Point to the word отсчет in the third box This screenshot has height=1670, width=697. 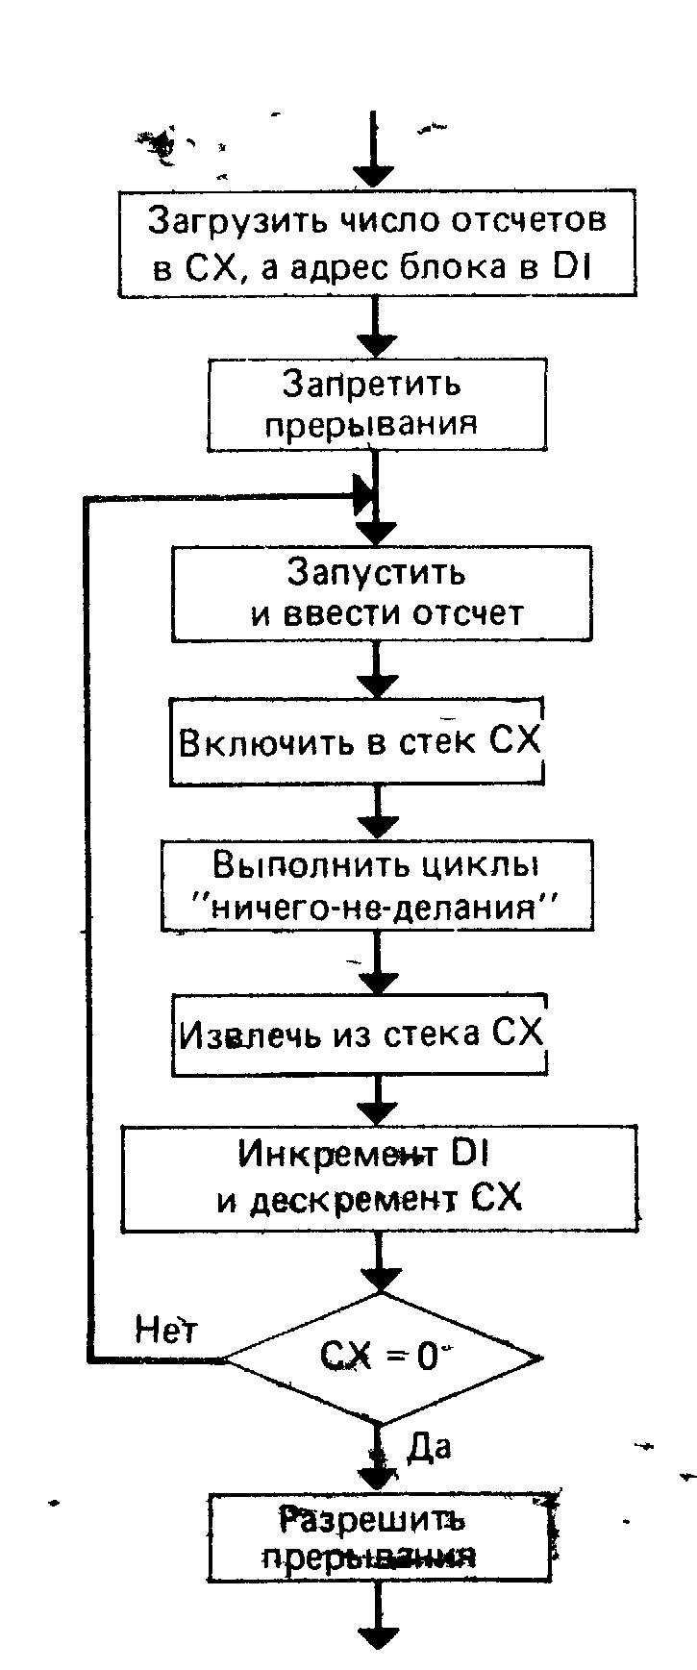(x=468, y=612)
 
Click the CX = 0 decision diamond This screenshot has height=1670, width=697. (x=382, y=1358)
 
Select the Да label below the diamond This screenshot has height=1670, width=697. (x=428, y=1445)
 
